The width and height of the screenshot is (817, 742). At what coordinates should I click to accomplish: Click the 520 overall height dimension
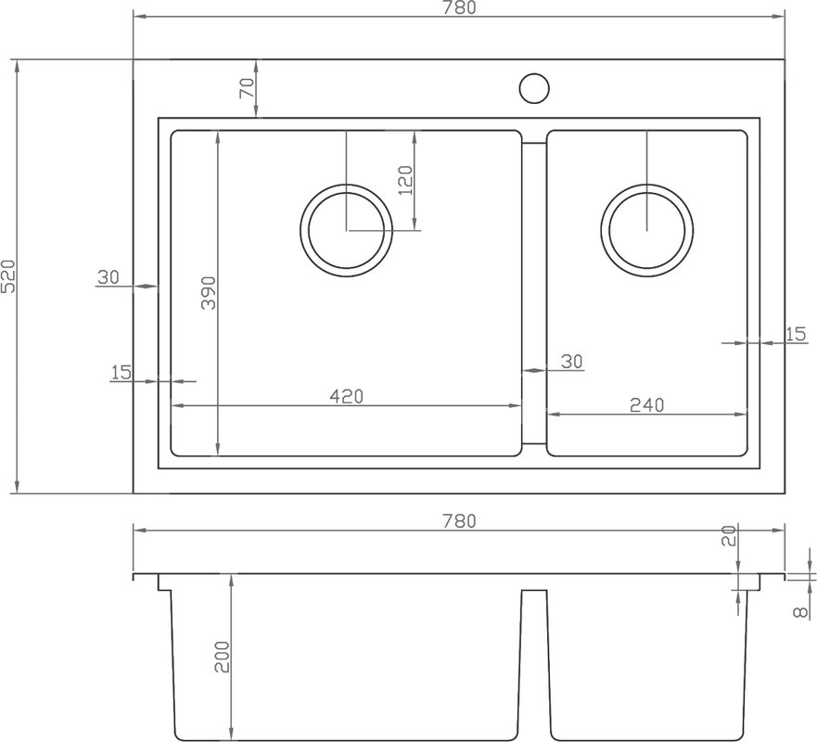point(8,276)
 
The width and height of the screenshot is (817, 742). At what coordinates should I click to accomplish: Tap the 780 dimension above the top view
point(459,7)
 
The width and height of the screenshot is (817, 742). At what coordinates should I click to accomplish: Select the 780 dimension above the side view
point(459,520)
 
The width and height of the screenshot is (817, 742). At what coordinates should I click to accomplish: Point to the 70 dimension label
point(247,87)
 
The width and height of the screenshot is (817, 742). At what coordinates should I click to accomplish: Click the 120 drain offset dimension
point(405,180)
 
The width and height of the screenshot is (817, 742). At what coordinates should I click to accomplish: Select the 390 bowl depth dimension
point(209,293)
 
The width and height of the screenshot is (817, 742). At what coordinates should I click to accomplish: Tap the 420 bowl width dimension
point(347,397)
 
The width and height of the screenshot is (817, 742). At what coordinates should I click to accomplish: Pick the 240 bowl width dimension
point(647,405)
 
